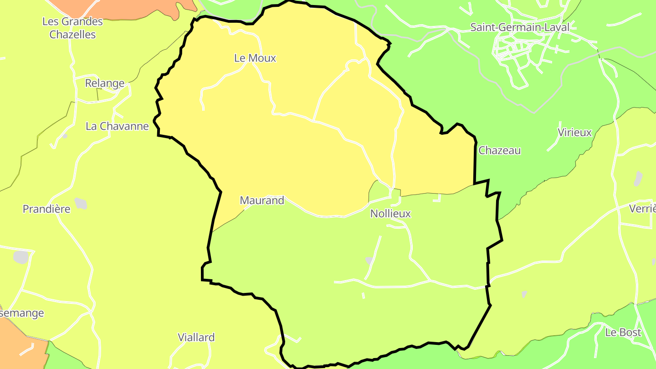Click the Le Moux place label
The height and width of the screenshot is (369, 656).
(255, 58)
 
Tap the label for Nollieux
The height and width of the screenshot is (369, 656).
(390, 213)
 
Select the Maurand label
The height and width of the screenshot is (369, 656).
(261, 200)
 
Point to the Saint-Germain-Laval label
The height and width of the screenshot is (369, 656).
(519, 27)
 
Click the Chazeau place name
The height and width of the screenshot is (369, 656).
(499, 150)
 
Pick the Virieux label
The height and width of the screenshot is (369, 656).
(574, 133)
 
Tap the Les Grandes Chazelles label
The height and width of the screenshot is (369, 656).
(72, 28)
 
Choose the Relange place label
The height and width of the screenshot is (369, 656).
(105, 83)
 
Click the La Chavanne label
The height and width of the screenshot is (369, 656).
(117, 126)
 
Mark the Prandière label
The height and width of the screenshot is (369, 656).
(46, 209)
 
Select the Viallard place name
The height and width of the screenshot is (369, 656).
(196, 338)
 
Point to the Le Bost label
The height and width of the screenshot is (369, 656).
(623, 333)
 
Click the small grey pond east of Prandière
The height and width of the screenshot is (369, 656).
(81, 203)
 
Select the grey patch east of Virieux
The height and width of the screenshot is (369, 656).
(638, 178)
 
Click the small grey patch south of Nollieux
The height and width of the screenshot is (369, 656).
(369, 261)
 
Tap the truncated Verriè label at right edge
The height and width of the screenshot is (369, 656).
(642, 209)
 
